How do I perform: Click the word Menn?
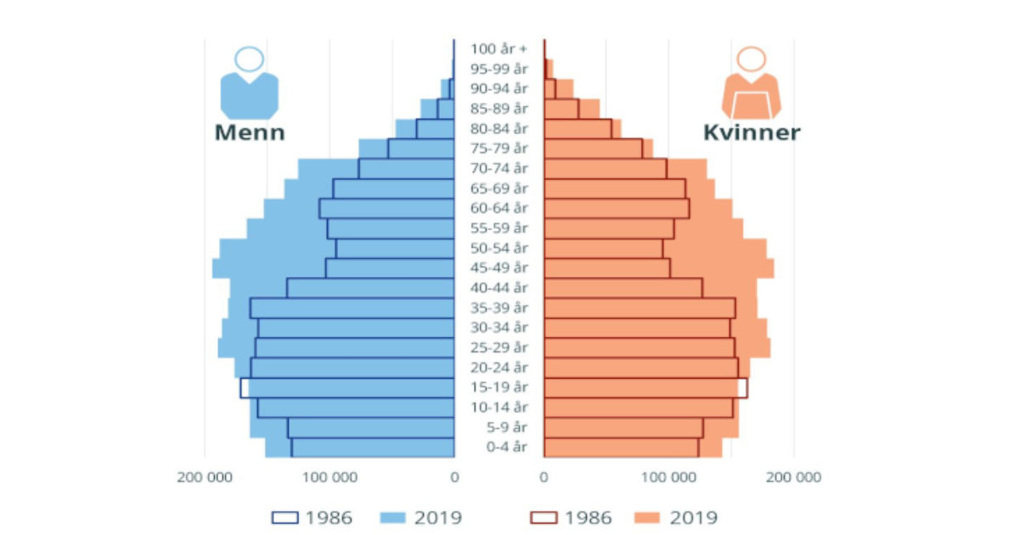[250, 132]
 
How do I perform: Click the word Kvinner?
[752, 132]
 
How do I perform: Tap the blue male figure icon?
[250, 83]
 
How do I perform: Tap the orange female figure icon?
[752, 83]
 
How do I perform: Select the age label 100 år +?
[498, 48]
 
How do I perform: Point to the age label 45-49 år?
[499, 267]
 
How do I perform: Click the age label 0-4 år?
[507, 447]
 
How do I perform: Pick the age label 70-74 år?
[499, 168]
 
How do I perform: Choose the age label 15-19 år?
[499, 387]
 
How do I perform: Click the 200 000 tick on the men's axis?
[205, 477]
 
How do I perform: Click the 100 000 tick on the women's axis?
[669, 477]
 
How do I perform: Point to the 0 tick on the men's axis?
[454, 477]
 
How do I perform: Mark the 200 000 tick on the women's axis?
[794, 477]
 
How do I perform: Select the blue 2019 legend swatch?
[392, 518]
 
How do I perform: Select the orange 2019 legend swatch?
[646, 518]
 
